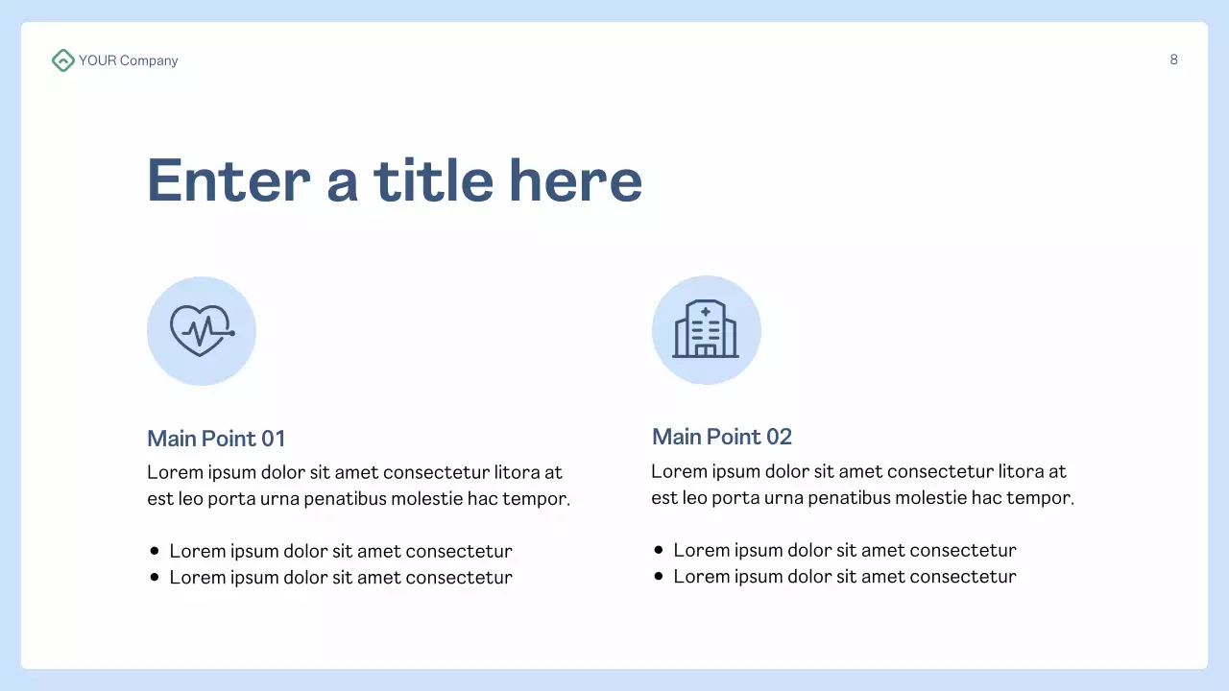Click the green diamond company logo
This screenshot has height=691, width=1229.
[x=62, y=60]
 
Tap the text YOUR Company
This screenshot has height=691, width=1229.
[x=129, y=60]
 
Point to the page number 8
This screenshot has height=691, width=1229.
[x=1173, y=60]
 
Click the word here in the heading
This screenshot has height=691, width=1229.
[x=575, y=180]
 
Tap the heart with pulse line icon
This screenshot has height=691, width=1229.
[x=202, y=331]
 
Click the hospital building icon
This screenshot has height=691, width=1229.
[x=706, y=330]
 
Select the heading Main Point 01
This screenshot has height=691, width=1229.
[x=216, y=439]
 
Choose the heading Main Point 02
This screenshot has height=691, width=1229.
[x=721, y=437]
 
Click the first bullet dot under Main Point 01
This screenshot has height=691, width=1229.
[x=155, y=551]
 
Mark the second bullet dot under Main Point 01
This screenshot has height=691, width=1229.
[x=155, y=578]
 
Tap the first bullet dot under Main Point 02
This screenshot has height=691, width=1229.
[x=659, y=550]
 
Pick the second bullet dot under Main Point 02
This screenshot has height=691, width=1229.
[x=659, y=576]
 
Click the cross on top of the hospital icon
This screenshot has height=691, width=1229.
[x=706, y=312]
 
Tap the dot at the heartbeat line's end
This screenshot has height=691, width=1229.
[x=231, y=333]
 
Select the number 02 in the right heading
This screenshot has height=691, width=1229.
[x=779, y=437]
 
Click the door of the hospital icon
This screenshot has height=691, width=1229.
[x=706, y=350]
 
